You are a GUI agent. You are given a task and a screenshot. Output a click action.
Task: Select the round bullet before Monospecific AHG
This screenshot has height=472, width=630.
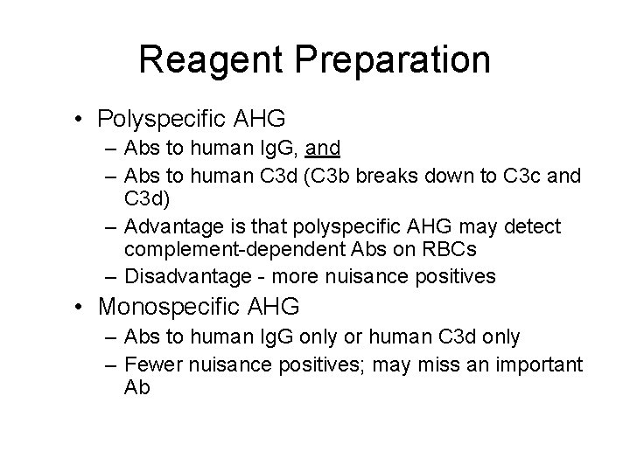point(80,307)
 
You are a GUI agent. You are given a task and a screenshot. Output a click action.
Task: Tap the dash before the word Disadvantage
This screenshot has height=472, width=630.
point(112,277)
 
